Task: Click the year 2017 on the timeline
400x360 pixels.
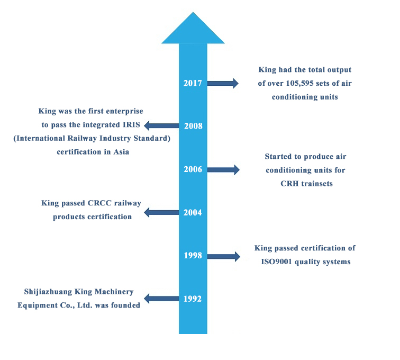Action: coord(193,83)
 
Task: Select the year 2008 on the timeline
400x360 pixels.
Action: coord(193,126)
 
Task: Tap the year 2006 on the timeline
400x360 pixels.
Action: coord(193,169)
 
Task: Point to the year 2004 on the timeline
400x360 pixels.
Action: coord(193,213)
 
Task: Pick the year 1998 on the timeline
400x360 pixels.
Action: coord(193,256)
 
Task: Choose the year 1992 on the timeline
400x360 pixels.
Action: coord(193,299)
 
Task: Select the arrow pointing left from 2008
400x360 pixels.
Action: coord(162,126)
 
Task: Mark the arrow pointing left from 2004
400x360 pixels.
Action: coord(162,213)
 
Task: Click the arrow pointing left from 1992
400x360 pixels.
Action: coord(162,299)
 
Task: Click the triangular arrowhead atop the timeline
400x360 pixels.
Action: coord(193,29)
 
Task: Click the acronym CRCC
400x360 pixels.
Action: coord(93,203)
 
